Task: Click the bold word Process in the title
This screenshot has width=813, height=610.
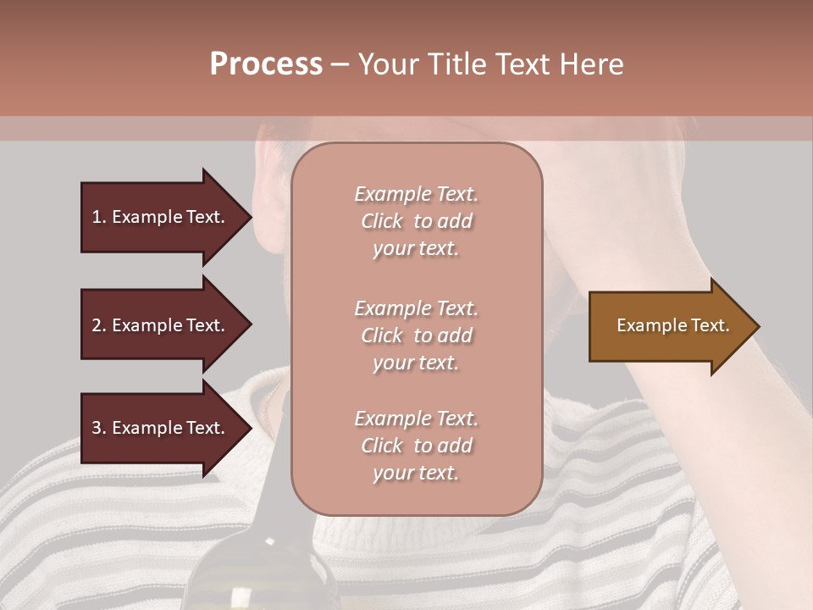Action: (x=266, y=64)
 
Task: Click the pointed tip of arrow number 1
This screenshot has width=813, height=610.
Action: (x=249, y=217)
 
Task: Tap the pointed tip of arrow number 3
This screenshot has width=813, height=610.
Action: (x=249, y=429)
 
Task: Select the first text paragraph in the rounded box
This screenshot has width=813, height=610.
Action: (x=416, y=221)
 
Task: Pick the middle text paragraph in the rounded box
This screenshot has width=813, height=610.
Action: (x=416, y=335)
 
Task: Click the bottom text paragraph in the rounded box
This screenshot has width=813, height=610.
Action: (x=416, y=446)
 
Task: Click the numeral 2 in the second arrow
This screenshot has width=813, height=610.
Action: (x=97, y=326)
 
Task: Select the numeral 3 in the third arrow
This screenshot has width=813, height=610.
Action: (x=97, y=429)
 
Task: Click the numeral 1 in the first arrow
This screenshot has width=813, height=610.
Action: (x=97, y=218)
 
